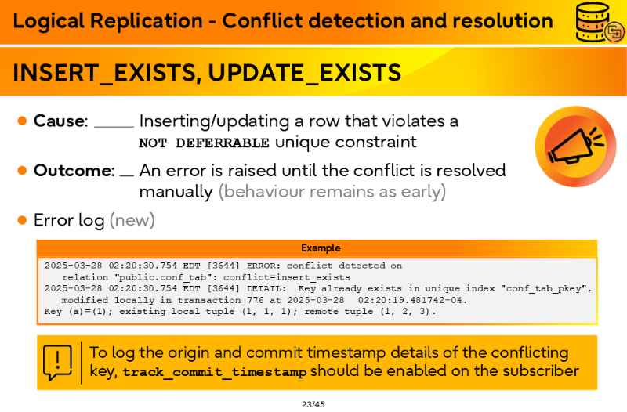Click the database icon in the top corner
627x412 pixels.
coord(600,22)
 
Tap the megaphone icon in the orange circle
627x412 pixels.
coord(576,146)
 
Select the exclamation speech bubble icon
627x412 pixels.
coord(57,363)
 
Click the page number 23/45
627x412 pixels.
coord(313,404)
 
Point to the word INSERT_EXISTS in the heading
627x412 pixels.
coord(104,73)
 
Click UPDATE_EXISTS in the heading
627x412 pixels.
coord(304,73)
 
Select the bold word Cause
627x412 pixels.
coord(60,121)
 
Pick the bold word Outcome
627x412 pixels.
coord(73,171)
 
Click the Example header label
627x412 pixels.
coord(321,248)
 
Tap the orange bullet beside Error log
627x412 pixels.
coord(23,220)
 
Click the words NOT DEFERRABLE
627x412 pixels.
coord(204,143)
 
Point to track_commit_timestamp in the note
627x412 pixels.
coord(215,372)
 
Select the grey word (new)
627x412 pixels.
coord(132,220)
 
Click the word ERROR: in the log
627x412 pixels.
coord(261,266)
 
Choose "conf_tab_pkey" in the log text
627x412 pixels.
coord(545,288)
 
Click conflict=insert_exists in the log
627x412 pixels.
coord(287,277)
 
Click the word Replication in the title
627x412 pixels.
coord(147,21)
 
